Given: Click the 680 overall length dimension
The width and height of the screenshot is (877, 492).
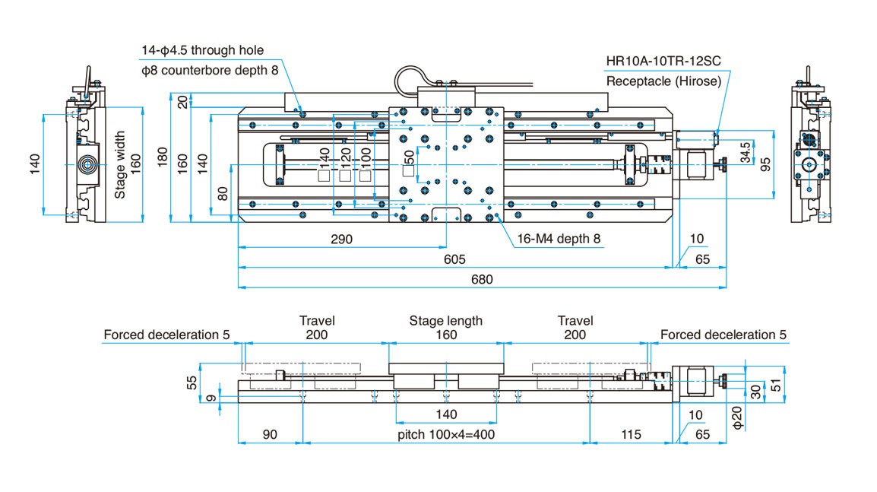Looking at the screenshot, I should [x=482, y=279].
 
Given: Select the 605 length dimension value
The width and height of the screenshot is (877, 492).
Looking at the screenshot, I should [x=454, y=259].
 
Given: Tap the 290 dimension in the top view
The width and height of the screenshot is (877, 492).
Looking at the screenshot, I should [x=341, y=239].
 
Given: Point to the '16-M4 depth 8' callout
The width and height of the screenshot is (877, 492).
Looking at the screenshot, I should [x=559, y=239].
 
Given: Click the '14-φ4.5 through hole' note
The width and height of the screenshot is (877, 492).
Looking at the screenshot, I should [x=203, y=51].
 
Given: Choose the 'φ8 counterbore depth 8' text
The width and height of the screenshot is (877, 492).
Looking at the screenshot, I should [x=210, y=70].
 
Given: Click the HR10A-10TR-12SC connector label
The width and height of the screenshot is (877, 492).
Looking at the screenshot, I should [x=663, y=62].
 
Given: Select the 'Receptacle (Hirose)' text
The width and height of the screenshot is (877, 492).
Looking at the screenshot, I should [x=663, y=81].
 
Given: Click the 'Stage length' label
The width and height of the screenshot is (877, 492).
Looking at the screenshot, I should [x=446, y=321].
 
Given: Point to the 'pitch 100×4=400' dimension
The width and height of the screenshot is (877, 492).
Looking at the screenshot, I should [x=445, y=434].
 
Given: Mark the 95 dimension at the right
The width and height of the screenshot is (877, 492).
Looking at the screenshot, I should [x=765, y=163].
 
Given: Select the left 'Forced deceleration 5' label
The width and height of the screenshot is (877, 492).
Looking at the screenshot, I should [x=167, y=335].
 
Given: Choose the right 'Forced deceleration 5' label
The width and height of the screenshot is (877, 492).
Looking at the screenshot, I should [x=723, y=335].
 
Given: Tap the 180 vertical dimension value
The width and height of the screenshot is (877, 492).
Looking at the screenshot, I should [x=160, y=157].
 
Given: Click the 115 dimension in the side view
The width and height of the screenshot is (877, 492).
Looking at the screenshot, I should [x=629, y=434].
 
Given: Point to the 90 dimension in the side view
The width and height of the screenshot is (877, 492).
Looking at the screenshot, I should [x=270, y=434].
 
